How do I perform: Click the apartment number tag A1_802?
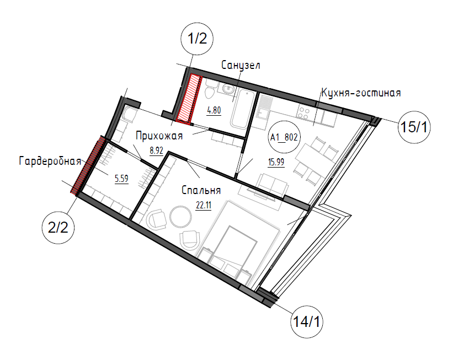tap(284, 137)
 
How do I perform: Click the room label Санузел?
tap(241, 65)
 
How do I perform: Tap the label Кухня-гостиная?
tap(361, 93)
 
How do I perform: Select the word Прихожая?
tap(159, 136)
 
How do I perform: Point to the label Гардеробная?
tap(50, 161)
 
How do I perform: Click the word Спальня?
tap(201, 190)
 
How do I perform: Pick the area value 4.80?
tap(214, 110)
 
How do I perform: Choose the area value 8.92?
tap(156, 151)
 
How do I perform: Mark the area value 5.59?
tap(121, 179)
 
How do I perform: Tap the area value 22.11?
tap(204, 205)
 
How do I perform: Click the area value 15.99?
tap(276, 162)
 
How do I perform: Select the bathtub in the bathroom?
tap(243, 109)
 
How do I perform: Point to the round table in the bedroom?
tap(180, 216)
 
